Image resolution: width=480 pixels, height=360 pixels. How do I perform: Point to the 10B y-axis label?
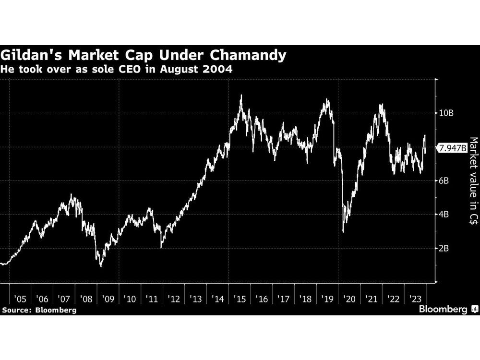pyautogui.click(x=446, y=113)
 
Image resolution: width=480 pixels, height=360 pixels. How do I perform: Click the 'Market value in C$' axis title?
pyautogui.click(x=473, y=181)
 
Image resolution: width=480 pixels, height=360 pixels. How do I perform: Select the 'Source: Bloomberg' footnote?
pyautogui.click(x=39, y=310)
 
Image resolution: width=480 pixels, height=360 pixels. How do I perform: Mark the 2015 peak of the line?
pyautogui.click(x=241, y=95)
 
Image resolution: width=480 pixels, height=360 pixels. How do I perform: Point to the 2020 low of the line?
pyautogui.click(x=343, y=232)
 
